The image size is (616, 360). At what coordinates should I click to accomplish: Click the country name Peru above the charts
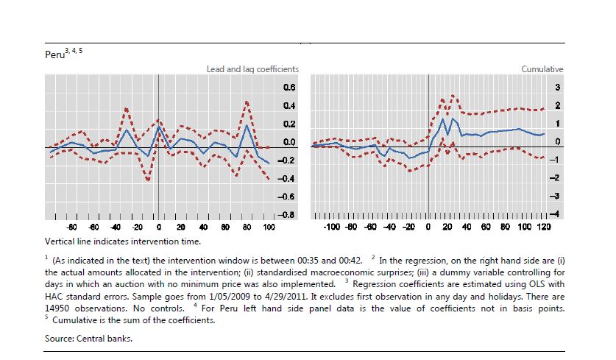(x=54, y=55)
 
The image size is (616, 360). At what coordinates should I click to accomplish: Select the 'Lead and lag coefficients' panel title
(x=252, y=69)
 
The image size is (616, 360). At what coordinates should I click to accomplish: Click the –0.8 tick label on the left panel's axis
(x=285, y=214)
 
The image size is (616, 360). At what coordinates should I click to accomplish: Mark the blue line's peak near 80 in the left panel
(x=247, y=124)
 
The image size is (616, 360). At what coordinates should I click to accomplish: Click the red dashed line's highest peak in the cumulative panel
(x=453, y=95)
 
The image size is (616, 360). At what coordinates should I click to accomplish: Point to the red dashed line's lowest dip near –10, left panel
(x=148, y=180)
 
